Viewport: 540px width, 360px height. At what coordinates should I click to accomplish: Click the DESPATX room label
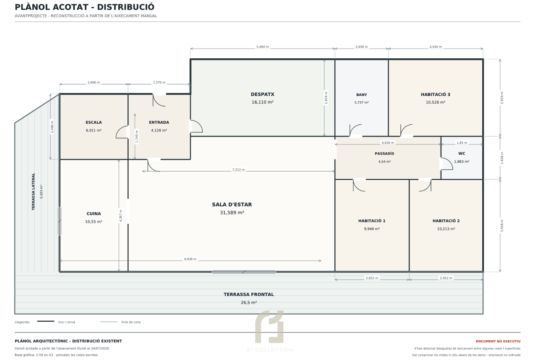click(262, 95)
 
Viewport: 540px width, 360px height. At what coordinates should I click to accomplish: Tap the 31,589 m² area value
click(232, 213)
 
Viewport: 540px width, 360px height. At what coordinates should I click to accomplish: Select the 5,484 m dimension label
click(263, 47)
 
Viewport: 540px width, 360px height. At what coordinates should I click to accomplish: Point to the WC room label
click(462, 154)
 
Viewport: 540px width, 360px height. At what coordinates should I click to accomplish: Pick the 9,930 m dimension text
click(190, 259)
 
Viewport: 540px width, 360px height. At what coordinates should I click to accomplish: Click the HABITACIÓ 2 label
click(446, 221)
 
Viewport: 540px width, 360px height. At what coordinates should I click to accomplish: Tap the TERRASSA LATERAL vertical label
click(33, 192)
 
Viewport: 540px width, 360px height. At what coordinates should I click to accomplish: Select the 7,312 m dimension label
click(238, 170)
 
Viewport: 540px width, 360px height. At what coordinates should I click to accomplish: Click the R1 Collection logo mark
click(269, 327)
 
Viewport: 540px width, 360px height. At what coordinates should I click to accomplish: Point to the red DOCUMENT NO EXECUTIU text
click(498, 341)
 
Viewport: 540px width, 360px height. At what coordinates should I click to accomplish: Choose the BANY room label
click(362, 95)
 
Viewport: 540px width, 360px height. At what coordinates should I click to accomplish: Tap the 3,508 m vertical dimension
click(502, 226)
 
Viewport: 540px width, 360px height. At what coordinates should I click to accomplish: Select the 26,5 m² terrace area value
click(249, 303)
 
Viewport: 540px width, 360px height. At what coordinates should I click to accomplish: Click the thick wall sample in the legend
click(46, 321)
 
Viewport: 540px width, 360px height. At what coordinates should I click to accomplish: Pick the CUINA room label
click(94, 214)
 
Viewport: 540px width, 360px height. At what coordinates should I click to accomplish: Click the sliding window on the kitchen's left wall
click(59, 221)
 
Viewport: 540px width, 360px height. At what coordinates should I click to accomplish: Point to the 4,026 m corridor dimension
click(388, 143)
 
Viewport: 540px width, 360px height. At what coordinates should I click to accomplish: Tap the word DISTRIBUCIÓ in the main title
click(126, 7)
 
